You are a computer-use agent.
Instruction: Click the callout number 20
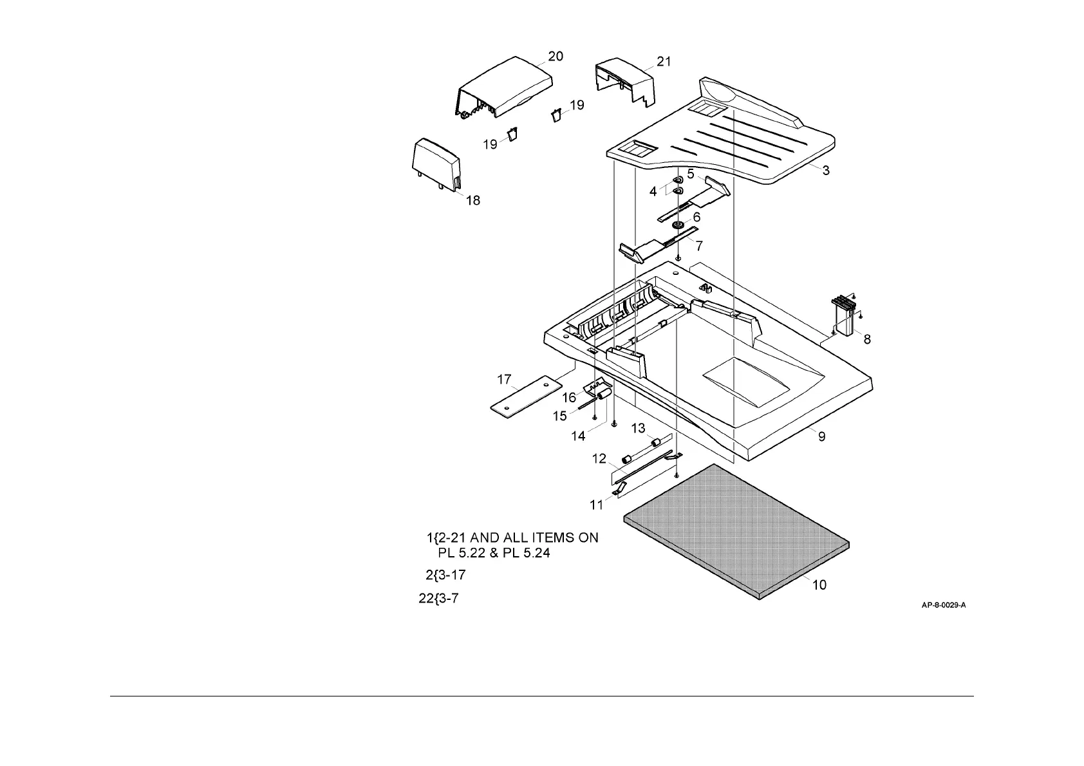555,57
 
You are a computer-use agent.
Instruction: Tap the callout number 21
664,62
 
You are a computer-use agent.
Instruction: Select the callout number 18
472,201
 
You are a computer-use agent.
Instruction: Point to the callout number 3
826,171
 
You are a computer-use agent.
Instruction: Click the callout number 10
819,585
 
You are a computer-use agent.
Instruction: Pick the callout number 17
504,380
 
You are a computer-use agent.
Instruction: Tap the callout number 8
867,339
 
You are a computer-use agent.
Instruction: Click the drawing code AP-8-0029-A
944,605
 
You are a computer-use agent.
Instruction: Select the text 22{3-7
439,599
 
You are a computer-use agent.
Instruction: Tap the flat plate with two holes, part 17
523,397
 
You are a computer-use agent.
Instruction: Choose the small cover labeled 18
436,165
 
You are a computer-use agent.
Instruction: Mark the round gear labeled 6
677,225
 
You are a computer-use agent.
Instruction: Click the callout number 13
637,429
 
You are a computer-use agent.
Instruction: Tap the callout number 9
821,437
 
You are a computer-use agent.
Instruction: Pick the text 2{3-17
445,575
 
